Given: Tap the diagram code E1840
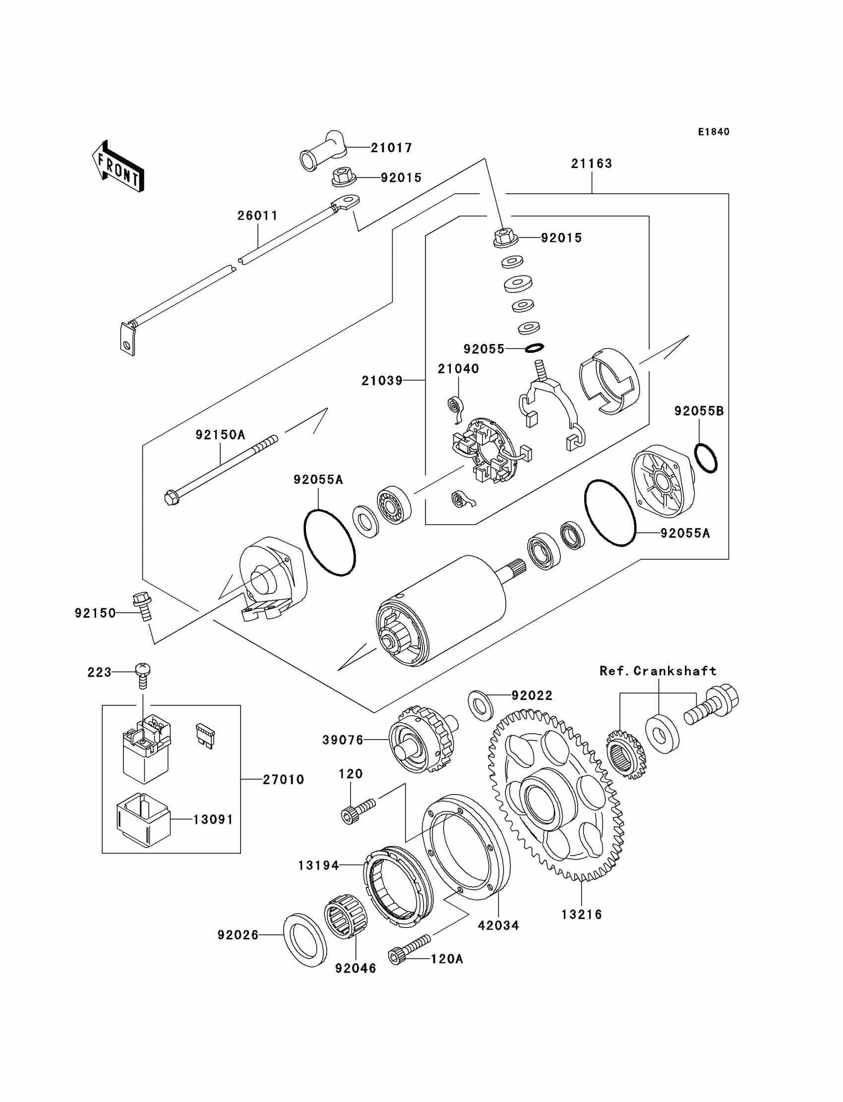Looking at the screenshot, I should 714,132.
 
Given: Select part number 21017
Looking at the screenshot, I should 391,148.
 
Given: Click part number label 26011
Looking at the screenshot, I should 257,216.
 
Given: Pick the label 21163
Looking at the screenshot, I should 592,164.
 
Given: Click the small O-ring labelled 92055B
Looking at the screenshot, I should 706,458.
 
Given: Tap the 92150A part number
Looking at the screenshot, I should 220,435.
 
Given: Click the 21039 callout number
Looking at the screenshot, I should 382,381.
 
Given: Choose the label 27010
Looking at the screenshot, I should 284,779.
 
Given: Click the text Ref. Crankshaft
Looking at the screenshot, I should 658,671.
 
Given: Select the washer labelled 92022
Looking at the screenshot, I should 481,706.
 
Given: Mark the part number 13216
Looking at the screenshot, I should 582,915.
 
